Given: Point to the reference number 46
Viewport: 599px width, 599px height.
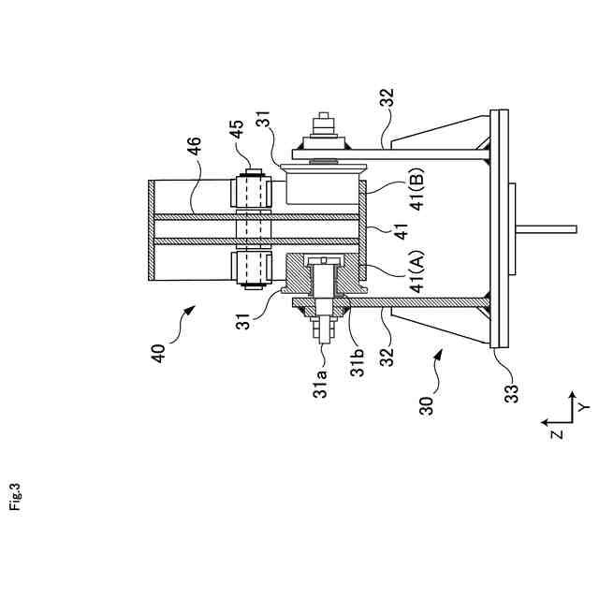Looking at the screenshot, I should pyautogui.click(x=193, y=150).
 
